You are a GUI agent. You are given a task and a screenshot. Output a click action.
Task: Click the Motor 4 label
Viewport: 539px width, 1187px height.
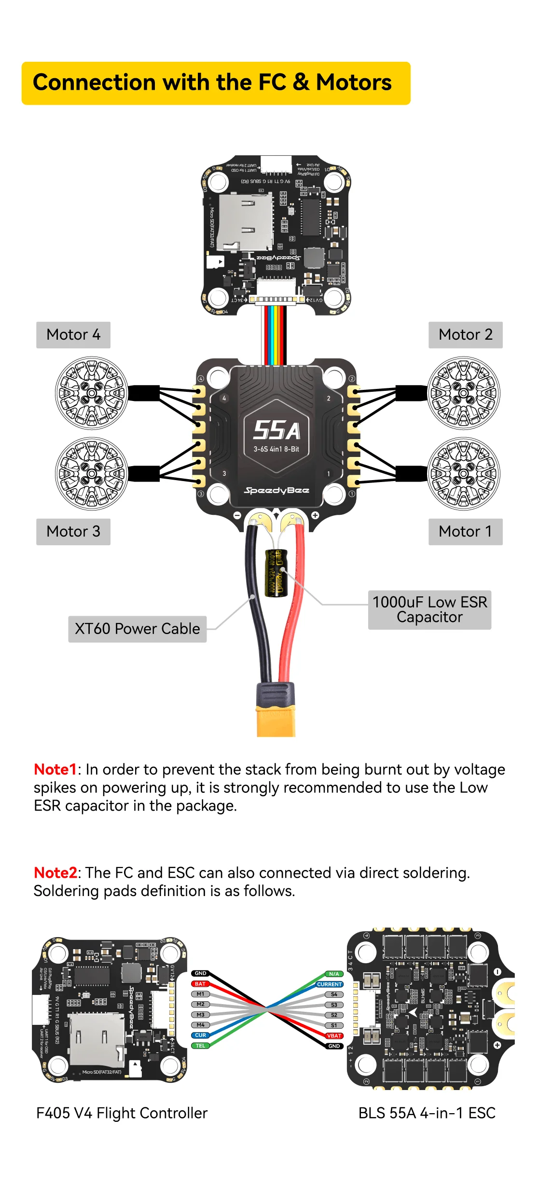tap(73, 335)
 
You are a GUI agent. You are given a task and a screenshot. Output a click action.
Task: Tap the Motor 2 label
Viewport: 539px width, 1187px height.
tap(465, 335)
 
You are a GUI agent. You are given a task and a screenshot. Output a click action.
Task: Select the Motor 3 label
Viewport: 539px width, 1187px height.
tap(73, 532)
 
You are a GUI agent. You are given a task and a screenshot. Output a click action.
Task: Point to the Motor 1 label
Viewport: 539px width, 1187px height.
tap(465, 532)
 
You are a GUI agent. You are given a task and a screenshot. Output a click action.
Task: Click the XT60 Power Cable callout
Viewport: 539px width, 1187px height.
tap(137, 629)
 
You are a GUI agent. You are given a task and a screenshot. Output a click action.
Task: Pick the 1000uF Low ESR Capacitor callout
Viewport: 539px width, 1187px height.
tap(429, 609)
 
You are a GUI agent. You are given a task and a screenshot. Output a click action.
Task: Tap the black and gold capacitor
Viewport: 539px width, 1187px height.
tap(276, 573)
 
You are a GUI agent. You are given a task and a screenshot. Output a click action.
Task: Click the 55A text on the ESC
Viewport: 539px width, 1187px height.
tap(277, 430)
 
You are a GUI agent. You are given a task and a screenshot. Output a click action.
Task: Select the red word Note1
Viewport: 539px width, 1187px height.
tap(55, 769)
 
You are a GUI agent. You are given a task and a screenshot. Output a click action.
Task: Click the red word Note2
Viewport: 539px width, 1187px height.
tap(55, 872)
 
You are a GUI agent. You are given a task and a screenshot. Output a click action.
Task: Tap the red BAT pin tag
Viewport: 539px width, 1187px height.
tap(200, 984)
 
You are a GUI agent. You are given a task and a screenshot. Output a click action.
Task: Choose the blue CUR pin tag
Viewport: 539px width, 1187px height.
tap(200, 1035)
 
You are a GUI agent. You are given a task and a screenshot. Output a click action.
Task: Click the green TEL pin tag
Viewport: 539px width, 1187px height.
tap(200, 1046)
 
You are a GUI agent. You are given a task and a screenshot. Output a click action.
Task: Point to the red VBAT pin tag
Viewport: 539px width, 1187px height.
tap(334, 1035)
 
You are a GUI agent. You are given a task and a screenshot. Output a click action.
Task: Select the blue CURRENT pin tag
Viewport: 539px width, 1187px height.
tap(330, 984)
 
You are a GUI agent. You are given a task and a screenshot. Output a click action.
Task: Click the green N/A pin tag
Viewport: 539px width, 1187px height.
tap(334, 974)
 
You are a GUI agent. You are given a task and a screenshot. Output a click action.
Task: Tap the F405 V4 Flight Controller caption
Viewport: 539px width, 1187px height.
tap(122, 1113)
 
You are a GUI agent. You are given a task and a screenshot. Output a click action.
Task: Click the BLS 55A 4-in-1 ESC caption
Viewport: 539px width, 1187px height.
tap(427, 1113)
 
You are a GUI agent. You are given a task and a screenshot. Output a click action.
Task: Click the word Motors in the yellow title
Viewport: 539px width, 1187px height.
tap(354, 83)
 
